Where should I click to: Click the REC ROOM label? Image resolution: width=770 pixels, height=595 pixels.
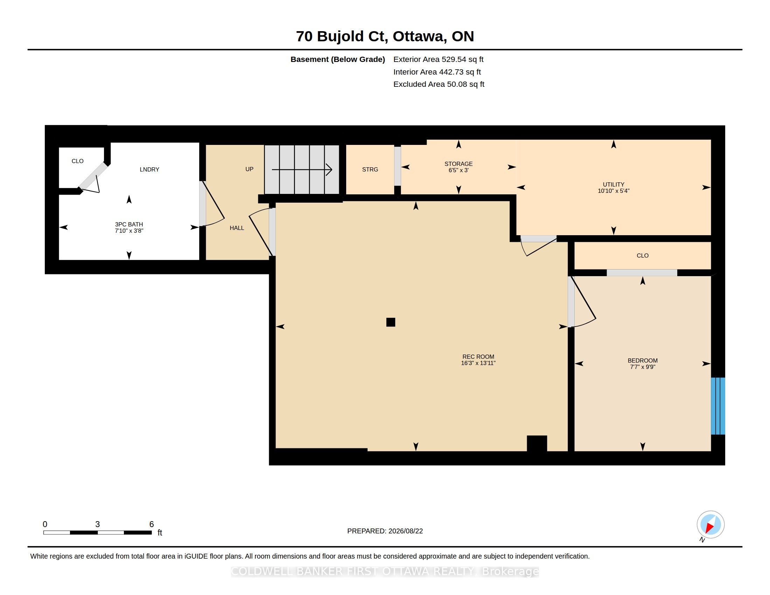click(x=478, y=357)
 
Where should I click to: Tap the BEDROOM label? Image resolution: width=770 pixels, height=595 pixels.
click(x=642, y=360)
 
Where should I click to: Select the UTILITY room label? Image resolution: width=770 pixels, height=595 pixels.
click(x=614, y=184)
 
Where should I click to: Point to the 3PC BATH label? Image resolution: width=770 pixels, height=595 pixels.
click(x=129, y=224)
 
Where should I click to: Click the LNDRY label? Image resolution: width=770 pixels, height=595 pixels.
click(x=149, y=169)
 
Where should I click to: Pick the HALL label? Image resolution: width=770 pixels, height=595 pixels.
click(x=237, y=228)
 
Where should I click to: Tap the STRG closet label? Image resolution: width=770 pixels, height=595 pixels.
click(x=370, y=169)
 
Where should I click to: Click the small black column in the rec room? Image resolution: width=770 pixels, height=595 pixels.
click(x=391, y=322)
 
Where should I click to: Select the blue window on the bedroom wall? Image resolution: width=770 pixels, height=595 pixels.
click(x=718, y=406)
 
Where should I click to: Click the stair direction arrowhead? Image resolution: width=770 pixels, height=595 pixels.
click(x=329, y=169)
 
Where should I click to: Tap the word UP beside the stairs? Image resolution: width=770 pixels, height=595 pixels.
click(x=249, y=169)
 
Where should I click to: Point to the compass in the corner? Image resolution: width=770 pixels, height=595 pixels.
click(x=710, y=525)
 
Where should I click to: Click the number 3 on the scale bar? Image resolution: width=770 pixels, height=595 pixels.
click(x=97, y=524)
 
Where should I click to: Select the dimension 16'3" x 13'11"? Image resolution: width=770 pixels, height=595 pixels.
click(x=478, y=363)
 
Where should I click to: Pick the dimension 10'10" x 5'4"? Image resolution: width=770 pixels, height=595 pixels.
click(x=614, y=191)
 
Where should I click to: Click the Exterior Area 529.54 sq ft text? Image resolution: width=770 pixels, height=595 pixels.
click(x=438, y=59)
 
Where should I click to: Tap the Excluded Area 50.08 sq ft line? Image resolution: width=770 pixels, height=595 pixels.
click(x=439, y=84)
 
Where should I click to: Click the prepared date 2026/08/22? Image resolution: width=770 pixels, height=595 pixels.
click(x=405, y=531)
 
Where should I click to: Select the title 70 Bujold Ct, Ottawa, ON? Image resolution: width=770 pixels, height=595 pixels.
click(x=385, y=36)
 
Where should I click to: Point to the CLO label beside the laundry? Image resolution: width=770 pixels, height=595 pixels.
click(x=78, y=161)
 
